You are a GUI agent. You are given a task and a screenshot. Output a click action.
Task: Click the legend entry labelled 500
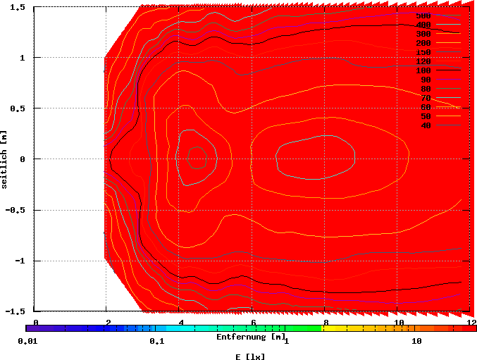[x=423, y=15]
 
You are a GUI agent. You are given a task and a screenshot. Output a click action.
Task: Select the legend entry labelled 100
[x=423, y=70]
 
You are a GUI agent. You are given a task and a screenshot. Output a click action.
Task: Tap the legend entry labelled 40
[x=425, y=125]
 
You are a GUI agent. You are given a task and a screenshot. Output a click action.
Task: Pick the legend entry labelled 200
[x=423, y=43]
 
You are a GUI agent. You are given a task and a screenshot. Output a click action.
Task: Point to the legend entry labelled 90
[x=425, y=80]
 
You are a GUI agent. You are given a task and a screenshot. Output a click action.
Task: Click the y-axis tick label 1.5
[x=18, y=7]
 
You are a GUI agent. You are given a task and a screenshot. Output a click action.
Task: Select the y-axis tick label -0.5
[x=16, y=210]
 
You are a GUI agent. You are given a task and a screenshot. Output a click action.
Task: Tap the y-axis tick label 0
[x=23, y=159]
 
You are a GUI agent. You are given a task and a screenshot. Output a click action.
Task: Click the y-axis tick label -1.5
[x=16, y=311]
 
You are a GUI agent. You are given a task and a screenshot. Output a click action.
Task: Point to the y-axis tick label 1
[x=23, y=58]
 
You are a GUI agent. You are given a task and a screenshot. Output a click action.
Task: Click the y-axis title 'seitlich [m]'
[x=5, y=159]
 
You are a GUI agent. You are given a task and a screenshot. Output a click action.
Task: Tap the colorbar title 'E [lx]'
[x=250, y=356]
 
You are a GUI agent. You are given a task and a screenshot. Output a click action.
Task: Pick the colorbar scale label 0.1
[x=156, y=341]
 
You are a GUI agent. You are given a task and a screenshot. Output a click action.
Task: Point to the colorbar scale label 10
[x=416, y=341]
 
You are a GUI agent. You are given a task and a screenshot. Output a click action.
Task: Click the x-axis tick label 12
[x=467, y=322]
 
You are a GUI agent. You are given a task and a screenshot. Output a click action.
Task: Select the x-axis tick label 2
[x=109, y=322]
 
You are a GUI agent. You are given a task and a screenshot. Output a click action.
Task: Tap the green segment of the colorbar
[x=303, y=328]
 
